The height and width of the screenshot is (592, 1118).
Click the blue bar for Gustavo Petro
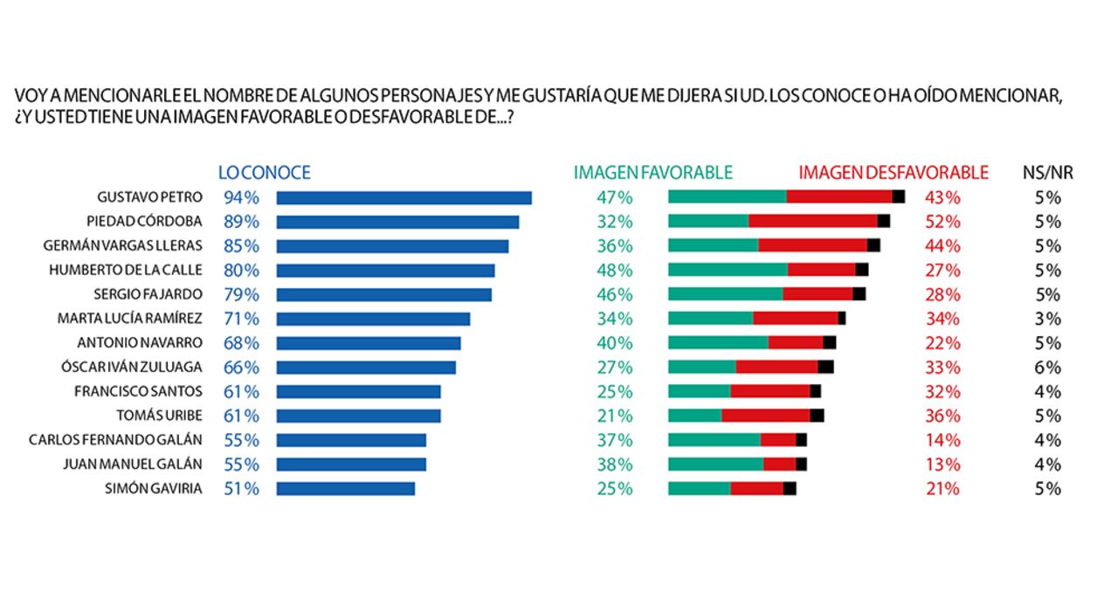point(404,197)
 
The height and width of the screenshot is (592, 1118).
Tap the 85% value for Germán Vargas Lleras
point(241,246)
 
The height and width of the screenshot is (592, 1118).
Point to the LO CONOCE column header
point(264,173)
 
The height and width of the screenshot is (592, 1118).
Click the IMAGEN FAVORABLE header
point(652,173)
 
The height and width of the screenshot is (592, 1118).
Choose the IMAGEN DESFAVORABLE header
point(893,173)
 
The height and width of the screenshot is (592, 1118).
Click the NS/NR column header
point(1047,173)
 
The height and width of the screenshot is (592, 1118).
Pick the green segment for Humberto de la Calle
point(728,271)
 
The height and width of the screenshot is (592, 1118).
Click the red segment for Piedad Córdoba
point(812,222)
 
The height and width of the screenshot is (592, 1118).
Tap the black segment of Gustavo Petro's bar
point(898,197)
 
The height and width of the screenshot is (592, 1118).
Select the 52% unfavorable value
point(942,222)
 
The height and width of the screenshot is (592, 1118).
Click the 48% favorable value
point(614,271)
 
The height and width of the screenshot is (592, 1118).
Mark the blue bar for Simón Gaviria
point(345,489)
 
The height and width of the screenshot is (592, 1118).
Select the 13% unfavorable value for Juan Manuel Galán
point(942,465)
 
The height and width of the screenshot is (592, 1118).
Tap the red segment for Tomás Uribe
point(765,416)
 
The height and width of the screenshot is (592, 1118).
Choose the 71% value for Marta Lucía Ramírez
point(241,319)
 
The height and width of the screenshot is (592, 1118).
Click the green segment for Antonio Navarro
point(718,342)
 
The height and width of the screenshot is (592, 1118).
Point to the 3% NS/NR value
point(1047,319)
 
